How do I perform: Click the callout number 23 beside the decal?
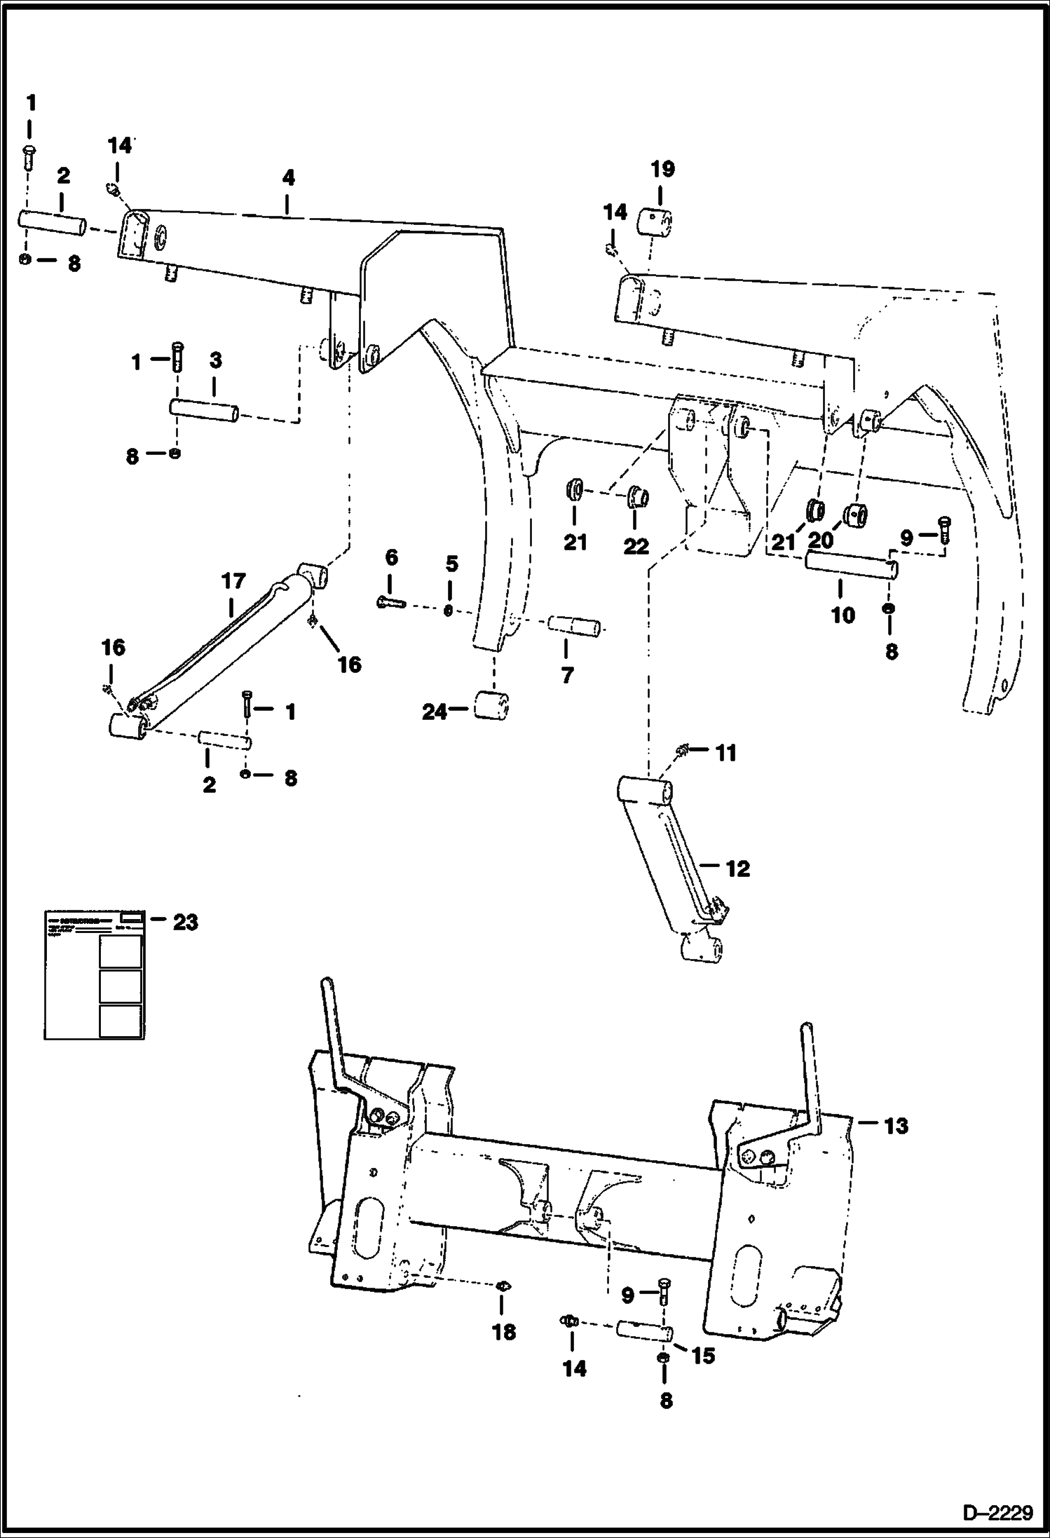point(185,922)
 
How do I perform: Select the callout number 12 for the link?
point(738,869)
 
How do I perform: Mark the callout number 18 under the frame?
point(503,1332)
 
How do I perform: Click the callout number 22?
point(636,546)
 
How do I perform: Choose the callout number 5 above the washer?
point(451,564)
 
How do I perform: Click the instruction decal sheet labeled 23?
point(95,975)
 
